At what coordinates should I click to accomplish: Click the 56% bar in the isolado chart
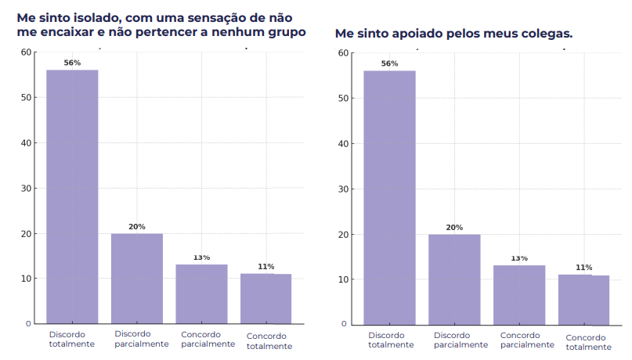tap(72, 196)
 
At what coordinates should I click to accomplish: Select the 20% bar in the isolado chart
tap(136, 278)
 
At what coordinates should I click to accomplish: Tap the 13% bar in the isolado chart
tap(201, 293)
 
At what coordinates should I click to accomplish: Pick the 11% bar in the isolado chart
tap(265, 298)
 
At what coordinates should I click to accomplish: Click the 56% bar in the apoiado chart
tap(389, 196)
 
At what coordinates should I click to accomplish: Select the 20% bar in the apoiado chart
tap(454, 279)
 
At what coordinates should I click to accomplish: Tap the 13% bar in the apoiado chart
tap(519, 294)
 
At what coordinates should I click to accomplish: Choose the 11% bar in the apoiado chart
tap(583, 299)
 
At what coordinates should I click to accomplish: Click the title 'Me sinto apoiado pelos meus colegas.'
tap(453, 34)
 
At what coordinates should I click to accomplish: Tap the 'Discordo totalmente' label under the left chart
tap(72, 339)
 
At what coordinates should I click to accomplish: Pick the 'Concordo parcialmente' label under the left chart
tap(208, 339)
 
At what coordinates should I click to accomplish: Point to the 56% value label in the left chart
tap(72, 63)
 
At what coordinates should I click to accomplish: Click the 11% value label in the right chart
tap(583, 267)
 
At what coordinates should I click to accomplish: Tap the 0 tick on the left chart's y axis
tap(29, 323)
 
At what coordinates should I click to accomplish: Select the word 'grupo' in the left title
tap(285, 33)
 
